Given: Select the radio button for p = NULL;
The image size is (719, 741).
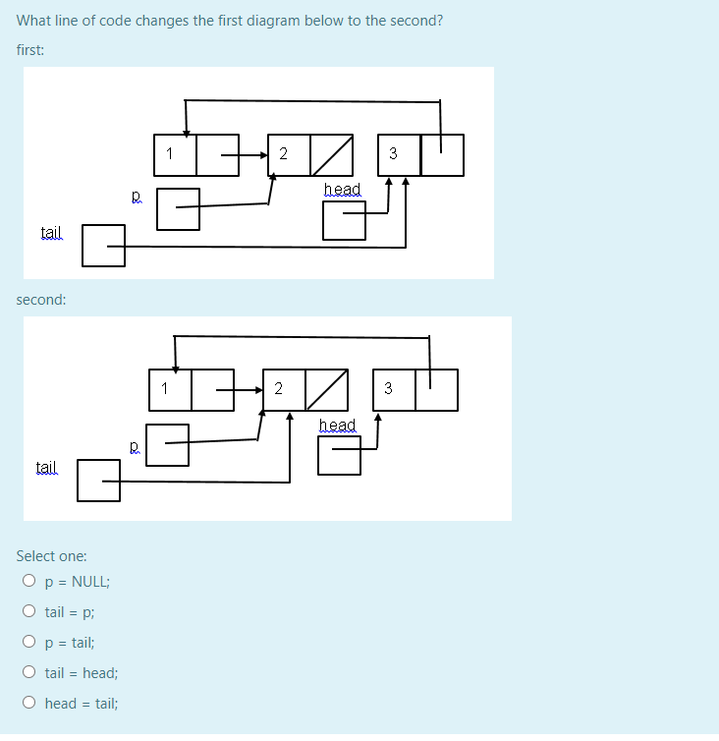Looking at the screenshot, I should (29, 581).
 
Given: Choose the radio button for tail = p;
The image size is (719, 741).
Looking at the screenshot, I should (29, 611).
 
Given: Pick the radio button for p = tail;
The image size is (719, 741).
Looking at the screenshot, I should (29, 642).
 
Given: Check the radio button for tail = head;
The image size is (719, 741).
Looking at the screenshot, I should (29, 673).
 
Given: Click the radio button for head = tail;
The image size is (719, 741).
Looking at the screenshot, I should (29, 704).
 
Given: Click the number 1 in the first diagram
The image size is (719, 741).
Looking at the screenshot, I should (170, 153).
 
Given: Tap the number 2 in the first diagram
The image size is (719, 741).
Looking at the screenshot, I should (284, 153).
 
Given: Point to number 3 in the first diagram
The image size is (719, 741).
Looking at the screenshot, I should (393, 153).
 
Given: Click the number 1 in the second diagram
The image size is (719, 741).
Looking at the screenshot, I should (164, 387).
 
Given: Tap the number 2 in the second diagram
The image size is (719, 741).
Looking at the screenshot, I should (278, 387).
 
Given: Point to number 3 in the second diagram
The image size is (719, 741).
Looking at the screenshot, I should (387, 387).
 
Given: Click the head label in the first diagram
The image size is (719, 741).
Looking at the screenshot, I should (342, 188).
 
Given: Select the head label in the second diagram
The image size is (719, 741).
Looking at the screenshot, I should (337, 424).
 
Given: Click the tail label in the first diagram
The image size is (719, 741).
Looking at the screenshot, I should (50, 232).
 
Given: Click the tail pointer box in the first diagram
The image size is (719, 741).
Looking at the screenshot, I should (103, 246).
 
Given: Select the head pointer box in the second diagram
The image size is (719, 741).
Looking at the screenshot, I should (339, 455).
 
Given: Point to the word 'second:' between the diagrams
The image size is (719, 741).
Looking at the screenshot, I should (41, 299).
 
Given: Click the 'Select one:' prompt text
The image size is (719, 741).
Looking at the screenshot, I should (51, 555).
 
